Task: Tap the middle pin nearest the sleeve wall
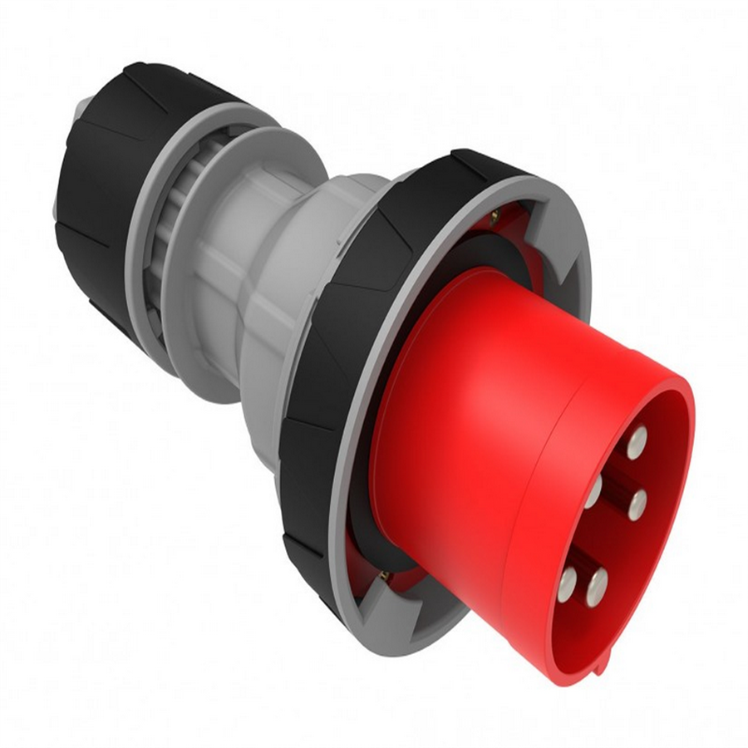[x=593, y=491]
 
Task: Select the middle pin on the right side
[x=638, y=504]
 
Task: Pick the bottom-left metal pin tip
[x=568, y=583]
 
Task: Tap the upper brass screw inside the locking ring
[x=494, y=218]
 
